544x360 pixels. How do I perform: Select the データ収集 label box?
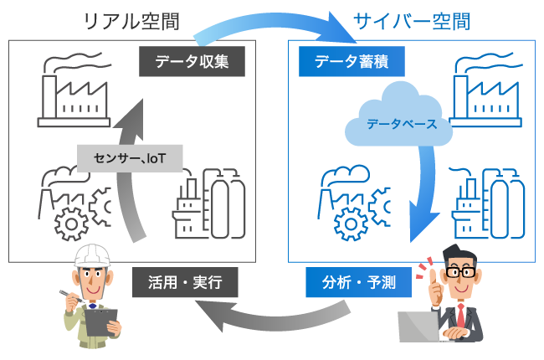[x=191, y=60]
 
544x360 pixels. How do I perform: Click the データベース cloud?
[x=398, y=122]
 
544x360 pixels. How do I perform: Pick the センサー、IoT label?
[x=130, y=156]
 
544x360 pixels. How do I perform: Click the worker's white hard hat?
[x=94, y=256]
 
